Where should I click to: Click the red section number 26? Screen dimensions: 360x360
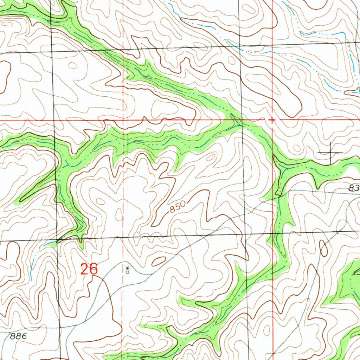coord(89,270)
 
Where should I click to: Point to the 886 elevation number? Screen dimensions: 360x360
coord(18,336)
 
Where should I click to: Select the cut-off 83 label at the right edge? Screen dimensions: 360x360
coord(354,188)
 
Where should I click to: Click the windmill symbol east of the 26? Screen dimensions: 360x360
coord(127,270)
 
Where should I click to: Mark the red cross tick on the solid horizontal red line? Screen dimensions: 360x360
coord(272,120)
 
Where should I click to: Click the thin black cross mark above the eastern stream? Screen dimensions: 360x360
coord(330,152)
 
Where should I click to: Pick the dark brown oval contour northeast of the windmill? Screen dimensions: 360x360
coord(159,261)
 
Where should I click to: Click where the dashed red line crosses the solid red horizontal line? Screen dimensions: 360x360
coord(123,120)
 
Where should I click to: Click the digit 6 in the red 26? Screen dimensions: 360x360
coord(93,270)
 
